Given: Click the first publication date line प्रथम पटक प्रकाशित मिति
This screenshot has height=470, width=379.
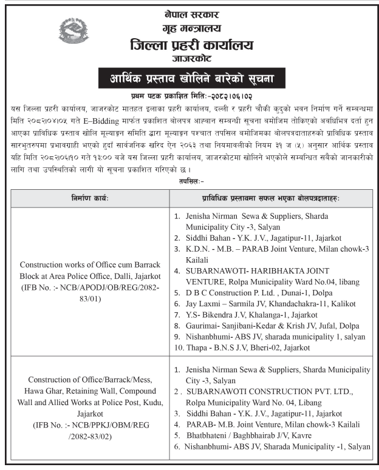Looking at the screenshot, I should (x=189, y=96).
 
